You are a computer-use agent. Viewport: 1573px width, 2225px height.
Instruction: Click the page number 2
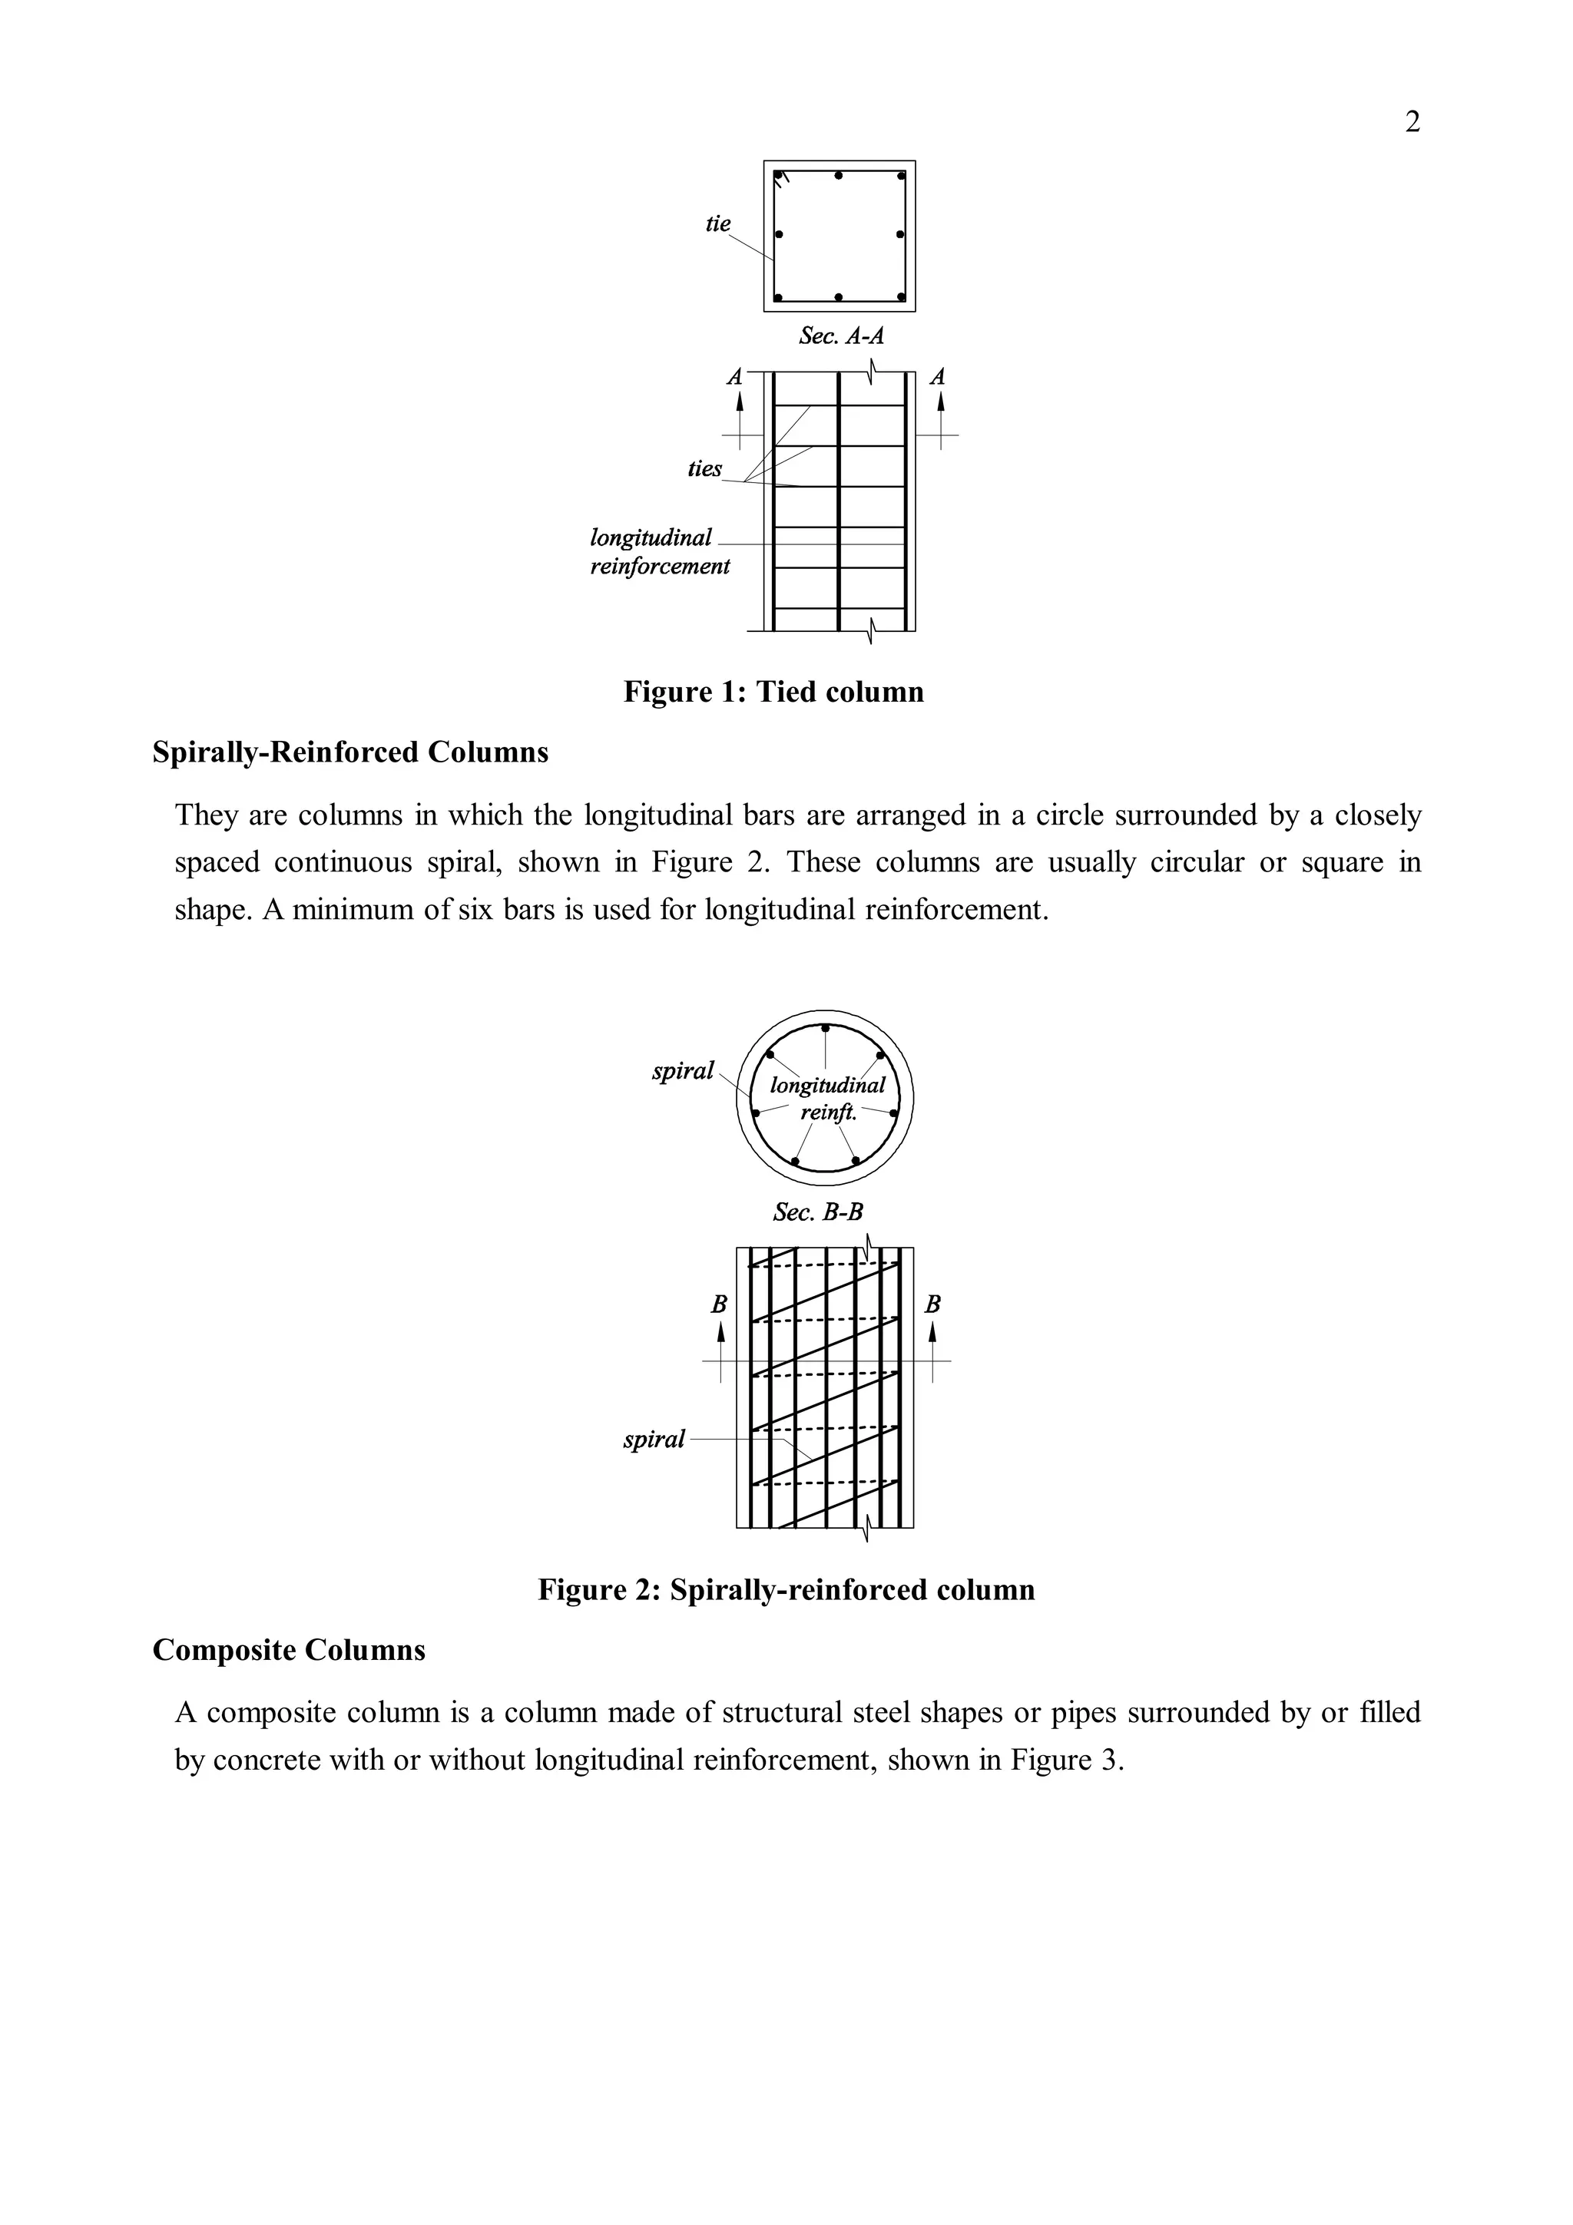pyautogui.click(x=1412, y=123)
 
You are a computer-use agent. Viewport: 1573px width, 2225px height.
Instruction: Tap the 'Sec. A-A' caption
pyautogui.click(x=840, y=336)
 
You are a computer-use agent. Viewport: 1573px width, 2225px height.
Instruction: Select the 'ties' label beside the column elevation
pyautogui.click(x=704, y=468)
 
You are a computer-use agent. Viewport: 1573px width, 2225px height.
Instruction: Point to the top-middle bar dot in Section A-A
pyautogui.click(x=839, y=175)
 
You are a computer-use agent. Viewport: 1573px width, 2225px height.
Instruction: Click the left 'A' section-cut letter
pyautogui.click(x=734, y=376)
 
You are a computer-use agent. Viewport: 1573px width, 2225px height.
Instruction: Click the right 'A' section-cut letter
pyautogui.click(x=937, y=376)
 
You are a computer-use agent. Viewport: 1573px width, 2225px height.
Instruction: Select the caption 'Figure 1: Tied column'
pyautogui.click(x=773, y=692)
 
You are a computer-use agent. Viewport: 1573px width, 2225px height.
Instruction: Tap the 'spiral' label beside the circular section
pyautogui.click(x=682, y=1071)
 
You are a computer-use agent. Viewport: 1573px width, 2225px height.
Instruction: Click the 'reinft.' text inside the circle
pyautogui.click(x=829, y=1112)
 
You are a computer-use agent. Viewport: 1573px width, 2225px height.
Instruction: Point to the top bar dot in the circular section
pyautogui.click(x=825, y=1027)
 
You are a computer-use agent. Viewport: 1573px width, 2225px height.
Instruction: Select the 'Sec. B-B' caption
pyautogui.click(x=818, y=1212)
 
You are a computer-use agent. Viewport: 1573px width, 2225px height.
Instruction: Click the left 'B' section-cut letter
pyautogui.click(x=719, y=1304)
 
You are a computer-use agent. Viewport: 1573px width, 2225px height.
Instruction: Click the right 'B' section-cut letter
pyautogui.click(x=932, y=1304)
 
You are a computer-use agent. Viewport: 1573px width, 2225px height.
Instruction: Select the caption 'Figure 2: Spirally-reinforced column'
pyautogui.click(x=786, y=1589)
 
